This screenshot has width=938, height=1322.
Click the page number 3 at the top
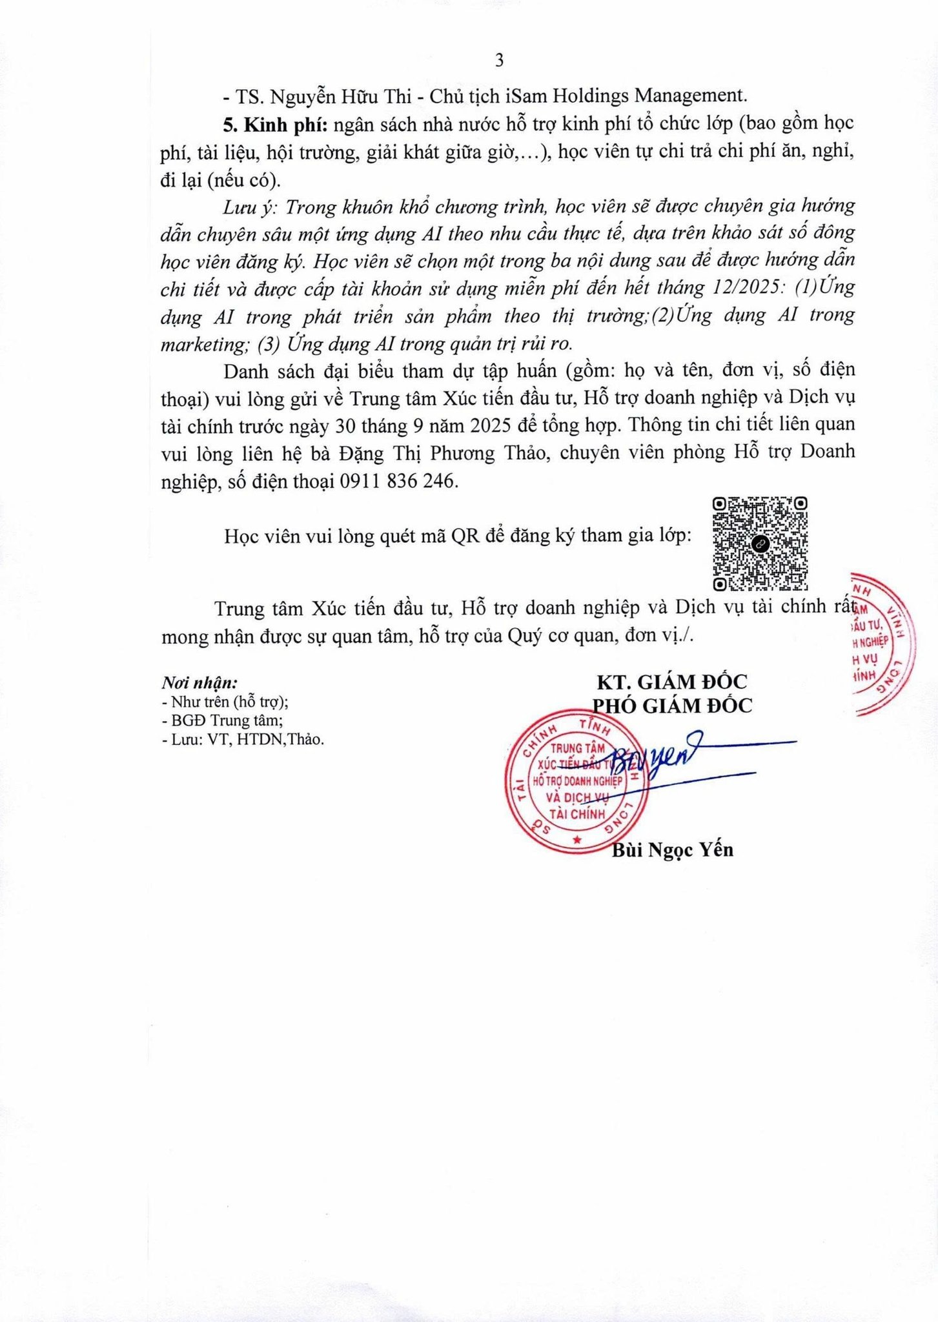click(x=499, y=61)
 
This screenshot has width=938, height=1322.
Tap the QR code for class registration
click(x=760, y=544)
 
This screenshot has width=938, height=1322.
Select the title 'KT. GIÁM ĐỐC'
click(x=671, y=682)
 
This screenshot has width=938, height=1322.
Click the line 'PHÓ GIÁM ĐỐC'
click(x=672, y=706)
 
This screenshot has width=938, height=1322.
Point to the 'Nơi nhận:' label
click(x=199, y=683)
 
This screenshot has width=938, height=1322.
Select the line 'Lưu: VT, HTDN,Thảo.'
click(x=243, y=740)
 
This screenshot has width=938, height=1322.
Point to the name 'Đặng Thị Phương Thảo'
click(x=444, y=453)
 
